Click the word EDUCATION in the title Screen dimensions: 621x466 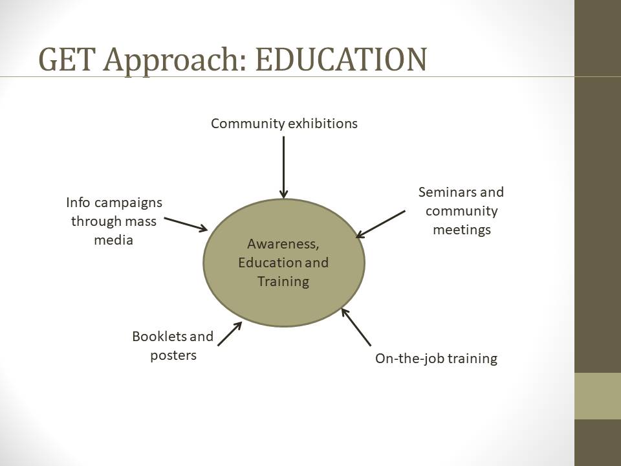coord(341,60)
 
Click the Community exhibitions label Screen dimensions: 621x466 coord(284,124)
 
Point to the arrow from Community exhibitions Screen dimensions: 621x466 coord(283,167)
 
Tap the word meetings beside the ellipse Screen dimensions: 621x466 coord(462,230)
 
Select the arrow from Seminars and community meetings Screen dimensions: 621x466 coord(380,225)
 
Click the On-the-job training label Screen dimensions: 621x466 coord(436,359)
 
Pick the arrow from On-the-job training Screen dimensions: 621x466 coord(356,327)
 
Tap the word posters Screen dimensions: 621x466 coord(173,355)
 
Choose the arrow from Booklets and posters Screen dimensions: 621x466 coord(230,334)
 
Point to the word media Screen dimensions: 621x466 coord(113,240)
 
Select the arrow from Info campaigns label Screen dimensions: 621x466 coord(186,225)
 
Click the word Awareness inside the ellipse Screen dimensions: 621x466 coord(283,244)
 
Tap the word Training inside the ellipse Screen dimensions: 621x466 coord(283,282)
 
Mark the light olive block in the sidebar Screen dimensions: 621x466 coord(598,396)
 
